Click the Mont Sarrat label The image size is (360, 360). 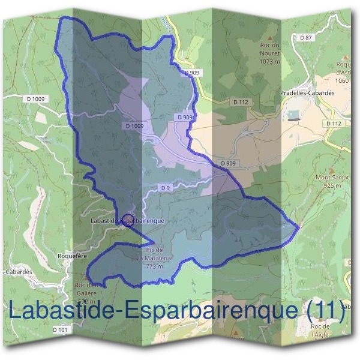point(332,178)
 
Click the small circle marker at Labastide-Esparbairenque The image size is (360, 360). point(127,220)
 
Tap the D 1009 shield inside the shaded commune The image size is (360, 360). point(135,126)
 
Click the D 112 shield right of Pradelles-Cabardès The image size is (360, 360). point(334,123)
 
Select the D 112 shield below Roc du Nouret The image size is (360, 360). point(241,102)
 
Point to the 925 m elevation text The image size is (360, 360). point(332,186)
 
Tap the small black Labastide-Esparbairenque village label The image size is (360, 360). point(126,221)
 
